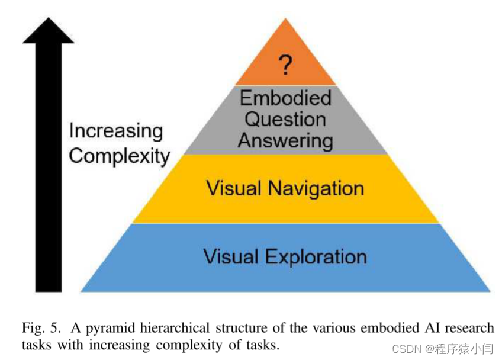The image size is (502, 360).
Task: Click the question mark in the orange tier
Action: click(x=285, y=64)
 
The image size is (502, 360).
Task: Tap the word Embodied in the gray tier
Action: click(x=285, y=98)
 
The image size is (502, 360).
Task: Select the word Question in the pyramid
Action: click(x=285, y=119)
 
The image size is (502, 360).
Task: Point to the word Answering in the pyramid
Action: click(x=285, y=140)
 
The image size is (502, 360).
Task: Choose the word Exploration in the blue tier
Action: click(x=316, y=256)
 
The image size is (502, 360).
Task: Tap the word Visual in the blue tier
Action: click(x=231, y=256)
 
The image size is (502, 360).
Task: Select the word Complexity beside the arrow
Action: click(x=120, y=156)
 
